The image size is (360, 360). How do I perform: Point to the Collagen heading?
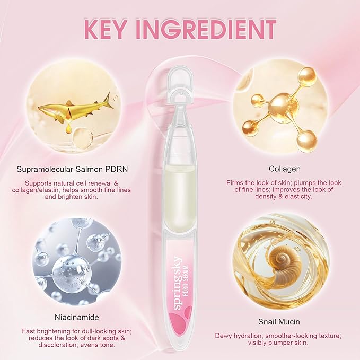[x=285, y=169]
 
